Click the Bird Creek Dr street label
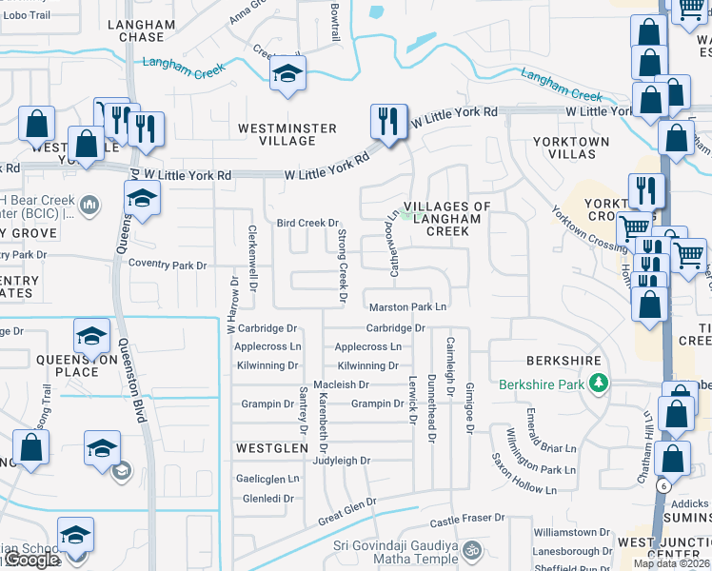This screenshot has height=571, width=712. click(x=307, y=223)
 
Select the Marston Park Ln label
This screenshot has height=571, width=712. click(x=407, y=306)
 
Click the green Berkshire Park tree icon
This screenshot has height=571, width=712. click(x=599, y=384)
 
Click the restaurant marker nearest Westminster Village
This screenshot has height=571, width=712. click(x=388, y=121)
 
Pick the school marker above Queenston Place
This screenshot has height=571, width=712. click(x=92, y=335)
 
